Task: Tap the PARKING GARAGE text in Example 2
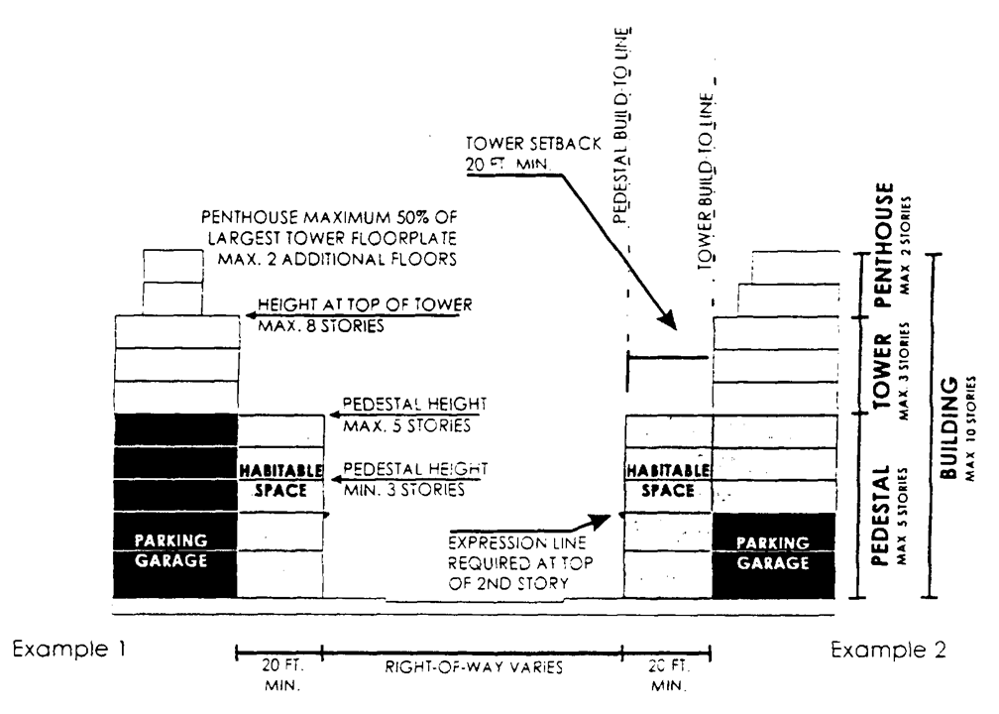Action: (x=775, y=550)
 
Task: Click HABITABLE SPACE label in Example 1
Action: (x=281, y=481)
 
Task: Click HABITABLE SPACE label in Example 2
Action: (x=668, y=481)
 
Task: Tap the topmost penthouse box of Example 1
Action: (x=172, y=266)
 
